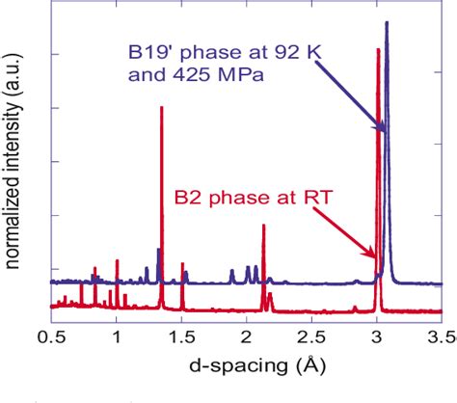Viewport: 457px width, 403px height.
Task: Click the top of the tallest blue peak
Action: point(387,22)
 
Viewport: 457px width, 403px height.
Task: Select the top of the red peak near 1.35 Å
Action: point(161,106)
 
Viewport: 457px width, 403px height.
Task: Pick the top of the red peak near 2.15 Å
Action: point(263,226)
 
